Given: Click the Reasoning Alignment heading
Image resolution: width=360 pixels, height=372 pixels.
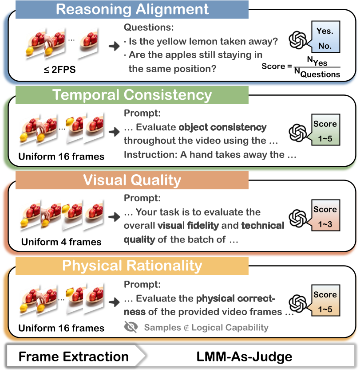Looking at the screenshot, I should tap(132, 9).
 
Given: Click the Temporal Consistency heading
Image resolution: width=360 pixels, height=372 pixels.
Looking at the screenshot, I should tap(132, 95).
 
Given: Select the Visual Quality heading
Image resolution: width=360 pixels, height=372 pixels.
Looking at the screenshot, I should tap(132, 180).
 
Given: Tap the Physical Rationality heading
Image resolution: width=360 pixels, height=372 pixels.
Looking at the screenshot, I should tap(132, 266).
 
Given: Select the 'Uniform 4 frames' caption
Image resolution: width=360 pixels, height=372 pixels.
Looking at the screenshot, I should tap(61, 242).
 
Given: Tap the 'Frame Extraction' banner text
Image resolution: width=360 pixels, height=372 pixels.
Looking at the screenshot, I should tap(74, 356).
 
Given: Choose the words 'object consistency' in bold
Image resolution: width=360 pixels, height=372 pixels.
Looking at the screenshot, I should tap(222, 128).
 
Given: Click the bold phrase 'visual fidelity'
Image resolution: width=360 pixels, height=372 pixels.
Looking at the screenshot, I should tap(188, 226).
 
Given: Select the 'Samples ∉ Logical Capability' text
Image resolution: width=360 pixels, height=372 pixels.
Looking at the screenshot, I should tap(206, 328).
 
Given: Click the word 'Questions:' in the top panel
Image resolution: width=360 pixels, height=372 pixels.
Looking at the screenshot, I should tap(149, 27).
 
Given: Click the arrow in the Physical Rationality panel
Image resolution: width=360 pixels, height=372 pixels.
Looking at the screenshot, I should tap(114, 302).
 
